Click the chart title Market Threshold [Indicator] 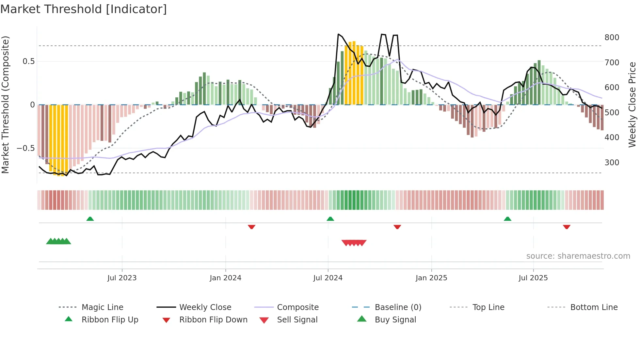pos(84,9)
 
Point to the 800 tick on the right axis pos(612,38)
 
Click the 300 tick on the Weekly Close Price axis pos(612,163)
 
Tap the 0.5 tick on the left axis pos(28,61)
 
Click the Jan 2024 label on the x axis pos(225,278)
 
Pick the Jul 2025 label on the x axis pos(533,278)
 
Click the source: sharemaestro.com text pos(578,256)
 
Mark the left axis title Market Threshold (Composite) pos(5,105)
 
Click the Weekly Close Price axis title pos(632,105)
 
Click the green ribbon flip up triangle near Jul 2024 pos(330,219)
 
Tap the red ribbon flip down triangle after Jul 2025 pos(567,227)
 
